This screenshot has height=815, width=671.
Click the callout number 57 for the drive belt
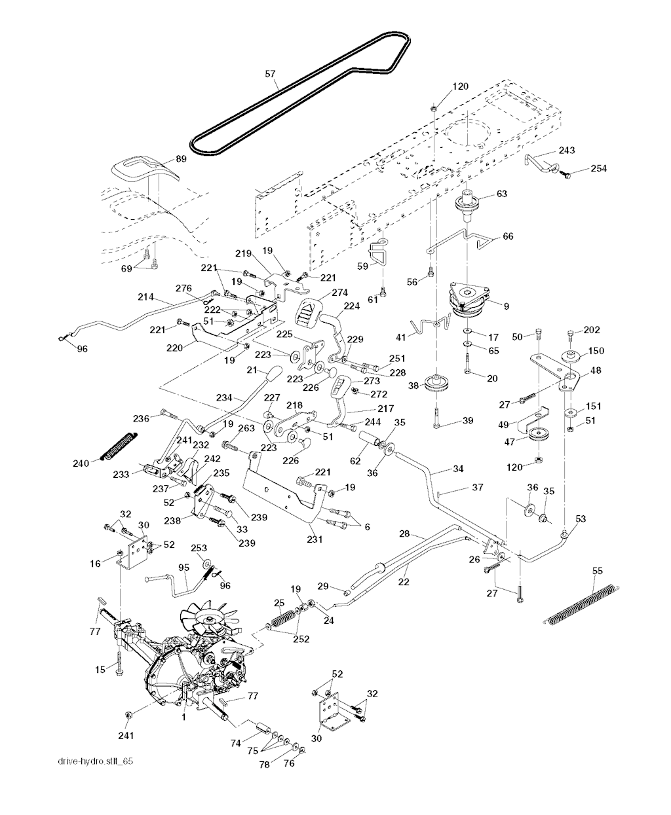coord(270,74)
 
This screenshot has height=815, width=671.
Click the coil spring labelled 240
coord(119,446)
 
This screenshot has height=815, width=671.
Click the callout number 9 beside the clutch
coord(506,305)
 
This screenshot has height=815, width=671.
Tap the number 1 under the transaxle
coord(184,717)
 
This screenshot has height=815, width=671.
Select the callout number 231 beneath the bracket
coord(313,540)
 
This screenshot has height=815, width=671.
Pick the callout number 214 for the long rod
coord(145,297)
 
